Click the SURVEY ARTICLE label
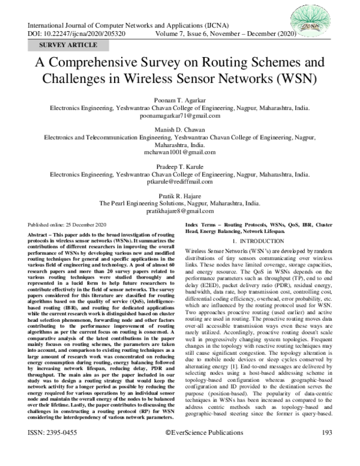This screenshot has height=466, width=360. coord(68,46)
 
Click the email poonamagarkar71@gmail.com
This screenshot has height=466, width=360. coord(179,118)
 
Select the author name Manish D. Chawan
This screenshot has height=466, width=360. coord(179,129)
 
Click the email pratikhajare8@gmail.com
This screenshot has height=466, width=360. coord(179,211)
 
